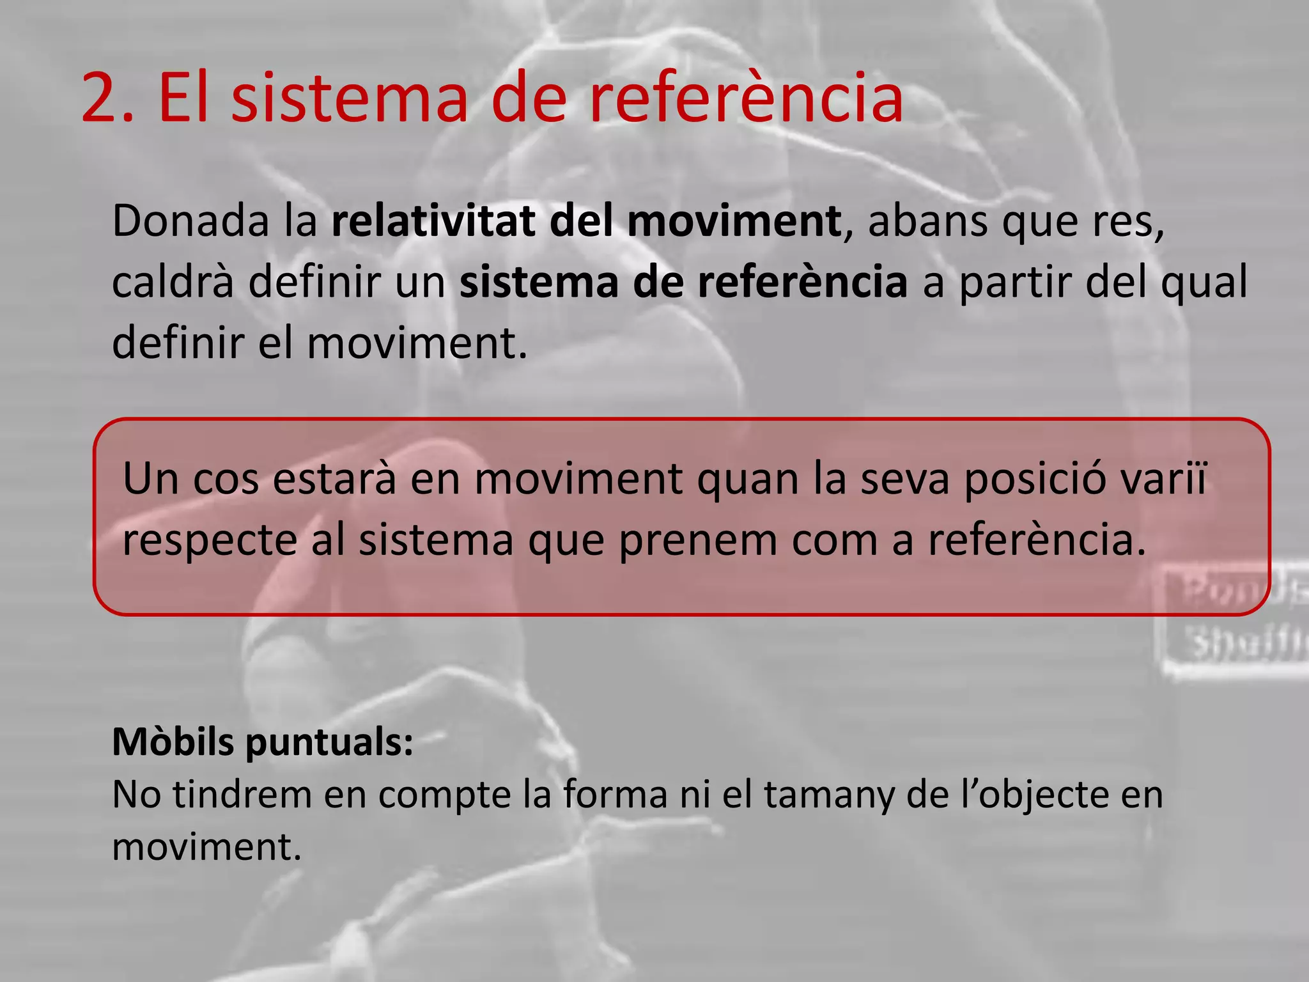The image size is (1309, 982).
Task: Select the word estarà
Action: click(x=334, y=479)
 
